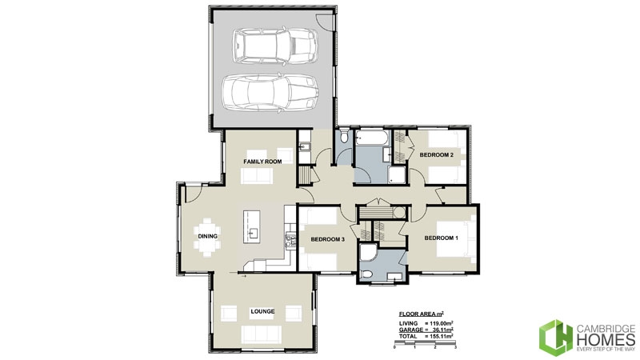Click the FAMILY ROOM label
click(x=263, y=162)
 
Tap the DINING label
click(x=208, y=236)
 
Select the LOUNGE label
click(x=262, y=311)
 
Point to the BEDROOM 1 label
click(x=442, y=238)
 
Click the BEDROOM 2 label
click(x=438, y=154)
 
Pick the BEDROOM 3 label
click(x=327, y=239)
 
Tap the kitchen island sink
click(x=253, y=233)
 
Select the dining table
click(x=209, y=237)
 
